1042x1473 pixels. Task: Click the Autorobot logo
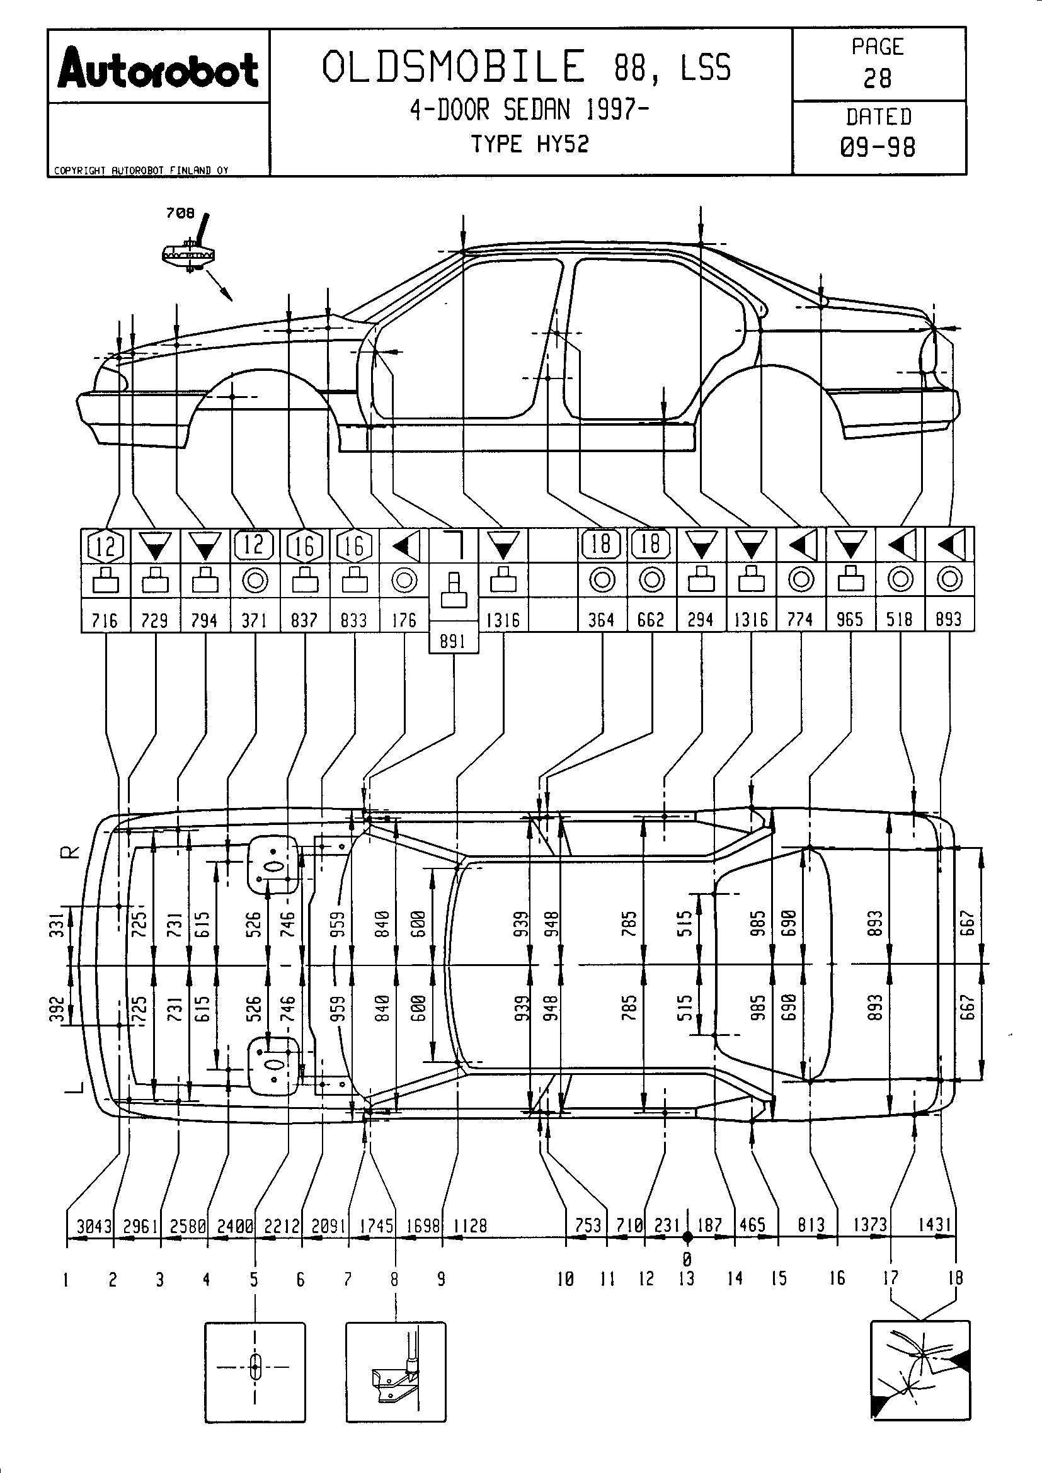pos(158,70)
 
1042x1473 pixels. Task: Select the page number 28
pos(877,79)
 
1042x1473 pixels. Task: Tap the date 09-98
pos(878,147)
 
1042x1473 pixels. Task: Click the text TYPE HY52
pos(530,144)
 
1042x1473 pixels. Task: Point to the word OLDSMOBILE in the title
pos(454,67)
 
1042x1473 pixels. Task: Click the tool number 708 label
pos(180,213)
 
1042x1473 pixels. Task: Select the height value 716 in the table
pos(105,620)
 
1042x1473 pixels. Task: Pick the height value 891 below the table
pos(453,642)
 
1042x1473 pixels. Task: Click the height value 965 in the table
pos(850,620)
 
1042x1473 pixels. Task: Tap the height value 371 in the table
pos(254,620)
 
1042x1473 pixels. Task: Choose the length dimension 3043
pos(94,1226)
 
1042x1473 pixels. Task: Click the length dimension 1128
pos(471,1226)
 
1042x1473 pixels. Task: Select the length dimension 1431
pos(934,1224)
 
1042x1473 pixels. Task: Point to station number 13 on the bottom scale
pos(687,1278)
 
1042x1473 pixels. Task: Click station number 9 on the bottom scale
pos(442,1279)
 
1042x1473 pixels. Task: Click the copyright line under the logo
pos(141,171)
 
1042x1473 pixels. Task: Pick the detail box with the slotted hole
pos(255,1371)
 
